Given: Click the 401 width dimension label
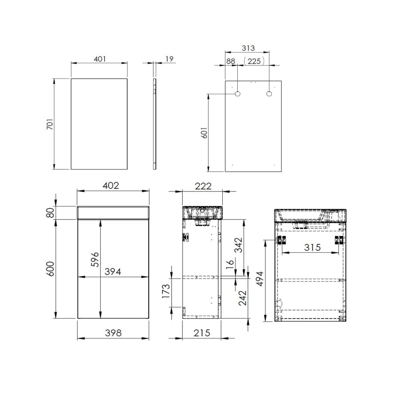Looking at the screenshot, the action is (x=100, y=59).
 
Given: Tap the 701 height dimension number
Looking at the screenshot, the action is (x=50, y=124).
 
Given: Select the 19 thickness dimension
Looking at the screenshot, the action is (x=169, y=59).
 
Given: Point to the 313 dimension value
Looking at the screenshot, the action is (x=248, y=48).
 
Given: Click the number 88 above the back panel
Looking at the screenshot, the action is (x=231, y=61).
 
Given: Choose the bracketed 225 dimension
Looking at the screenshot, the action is (x=254, y=61).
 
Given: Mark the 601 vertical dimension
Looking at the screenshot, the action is (x=204, y=132).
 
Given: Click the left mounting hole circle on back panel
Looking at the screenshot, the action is (x=237, y=94).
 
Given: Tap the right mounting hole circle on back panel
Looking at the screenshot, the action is (x=269, y=94).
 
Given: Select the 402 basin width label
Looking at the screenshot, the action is (x=111, y=186).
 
